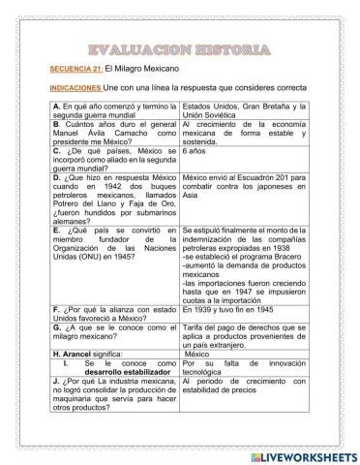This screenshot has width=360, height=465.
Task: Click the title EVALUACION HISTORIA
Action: tap(179, 47)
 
